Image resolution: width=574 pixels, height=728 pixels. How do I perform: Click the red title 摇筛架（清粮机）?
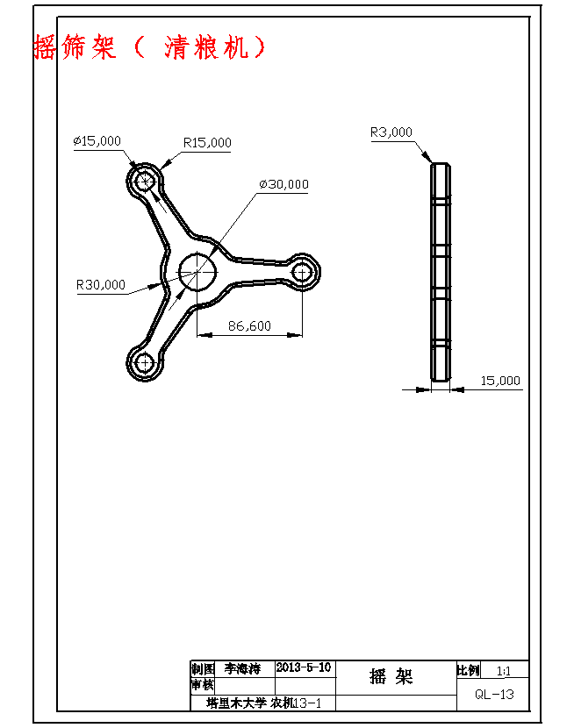coord(149,47)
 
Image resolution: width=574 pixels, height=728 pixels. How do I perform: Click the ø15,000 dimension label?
coord(97,140)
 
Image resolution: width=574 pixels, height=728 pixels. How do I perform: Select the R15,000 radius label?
coord(207,142)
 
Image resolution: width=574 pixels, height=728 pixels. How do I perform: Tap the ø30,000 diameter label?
coord(283,184)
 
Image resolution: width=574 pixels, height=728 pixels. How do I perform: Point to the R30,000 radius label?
coord(100,284)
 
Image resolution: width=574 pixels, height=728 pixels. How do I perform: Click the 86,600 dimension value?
coord(249,325)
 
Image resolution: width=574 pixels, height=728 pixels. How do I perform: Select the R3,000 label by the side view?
coord(391,132)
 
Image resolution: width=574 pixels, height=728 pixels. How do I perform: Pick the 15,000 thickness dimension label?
coord(500,381)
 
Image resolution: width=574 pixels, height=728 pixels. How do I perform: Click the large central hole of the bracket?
coord(197,271)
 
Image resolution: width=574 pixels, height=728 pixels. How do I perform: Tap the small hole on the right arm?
coord(302,272)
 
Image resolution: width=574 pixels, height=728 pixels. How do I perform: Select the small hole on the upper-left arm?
coord(145,181)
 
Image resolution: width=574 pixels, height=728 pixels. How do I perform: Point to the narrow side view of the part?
coord(441,272)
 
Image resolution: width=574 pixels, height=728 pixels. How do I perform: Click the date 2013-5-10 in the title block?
coord(304,667)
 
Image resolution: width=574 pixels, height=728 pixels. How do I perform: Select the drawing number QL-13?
coord(494,694)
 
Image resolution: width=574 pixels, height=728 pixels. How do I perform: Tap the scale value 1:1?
coord(504,671)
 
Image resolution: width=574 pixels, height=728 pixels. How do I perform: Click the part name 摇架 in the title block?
coord(391,677)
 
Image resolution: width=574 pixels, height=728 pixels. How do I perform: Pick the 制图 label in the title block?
coord(203,668)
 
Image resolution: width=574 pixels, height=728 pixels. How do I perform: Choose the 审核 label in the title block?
coord(202,685)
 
